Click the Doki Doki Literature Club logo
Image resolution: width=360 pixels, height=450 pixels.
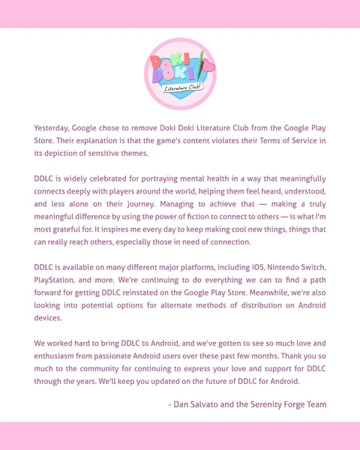click(x=180, y=73)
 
